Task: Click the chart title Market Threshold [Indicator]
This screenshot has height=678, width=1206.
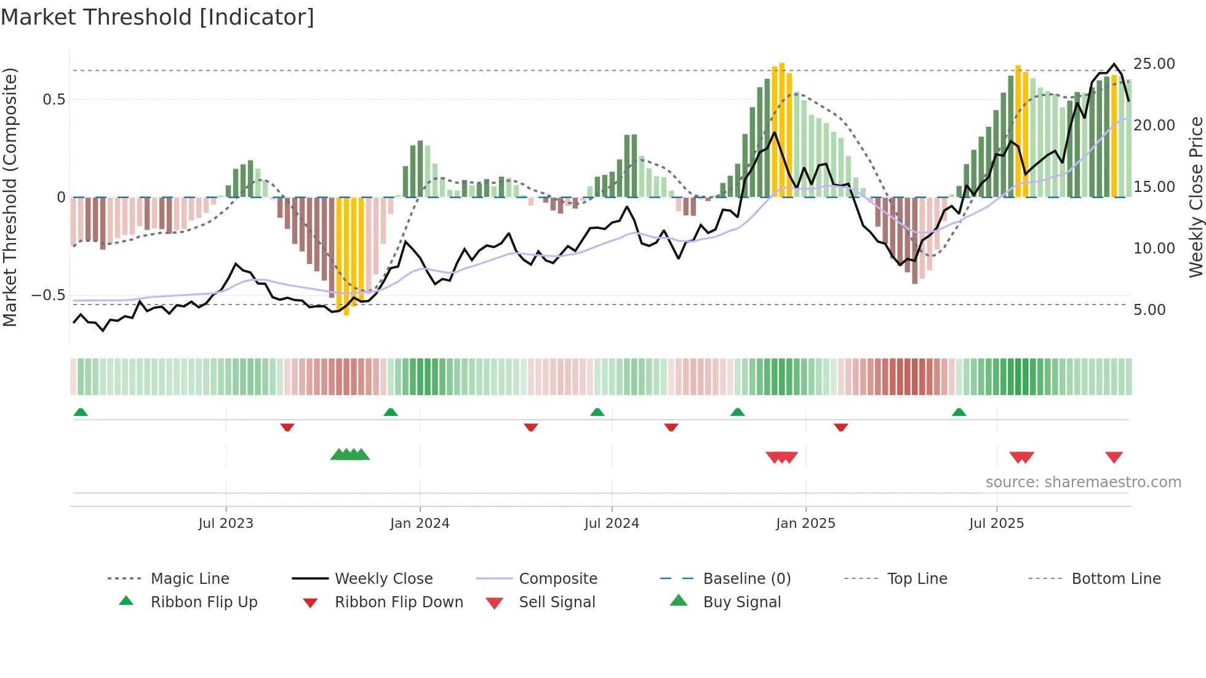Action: (x=158, y=17)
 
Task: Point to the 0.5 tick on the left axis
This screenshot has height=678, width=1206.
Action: (x=54, y=100)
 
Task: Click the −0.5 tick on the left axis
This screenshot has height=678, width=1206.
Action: (x=49, y=295)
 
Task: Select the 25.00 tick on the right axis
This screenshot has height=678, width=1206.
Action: (x=1154, y=64)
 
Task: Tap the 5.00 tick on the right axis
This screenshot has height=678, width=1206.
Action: (x=1149, y=310)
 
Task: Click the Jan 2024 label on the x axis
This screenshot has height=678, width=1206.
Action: (x=420, y=524)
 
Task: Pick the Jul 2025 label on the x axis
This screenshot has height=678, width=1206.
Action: (x=996, y=524)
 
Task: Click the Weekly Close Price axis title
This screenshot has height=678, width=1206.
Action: (x=1196, y=197)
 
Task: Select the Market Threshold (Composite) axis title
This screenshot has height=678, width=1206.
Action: (x=10, y=197)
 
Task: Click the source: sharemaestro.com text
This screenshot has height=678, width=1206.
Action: (x=1083, y=482)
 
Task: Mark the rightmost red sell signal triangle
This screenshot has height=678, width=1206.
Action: (x=1114, y=457)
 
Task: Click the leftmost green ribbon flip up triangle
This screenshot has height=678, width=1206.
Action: (x=81, y=412)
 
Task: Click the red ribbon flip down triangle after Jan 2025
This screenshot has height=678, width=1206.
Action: (x=841, y=427)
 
